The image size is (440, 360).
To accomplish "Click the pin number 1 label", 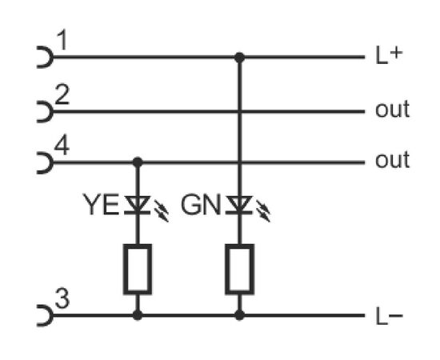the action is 62,40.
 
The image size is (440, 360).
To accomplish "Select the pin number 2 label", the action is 62,95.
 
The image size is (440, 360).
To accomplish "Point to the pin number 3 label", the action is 62,298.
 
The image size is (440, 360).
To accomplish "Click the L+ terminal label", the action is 389,56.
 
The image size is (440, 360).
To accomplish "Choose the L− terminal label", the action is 389,316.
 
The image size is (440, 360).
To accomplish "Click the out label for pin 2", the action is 392,110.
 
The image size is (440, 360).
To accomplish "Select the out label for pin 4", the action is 392,160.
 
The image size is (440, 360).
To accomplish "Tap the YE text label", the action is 101,205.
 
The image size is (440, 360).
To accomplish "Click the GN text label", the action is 201,205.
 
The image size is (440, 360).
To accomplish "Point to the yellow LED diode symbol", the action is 138,205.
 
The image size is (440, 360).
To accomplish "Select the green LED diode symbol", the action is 239,205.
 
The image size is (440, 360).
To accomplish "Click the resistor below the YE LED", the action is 138,270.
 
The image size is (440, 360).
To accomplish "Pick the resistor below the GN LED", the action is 239,270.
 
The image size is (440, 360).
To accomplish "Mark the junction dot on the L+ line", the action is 239,58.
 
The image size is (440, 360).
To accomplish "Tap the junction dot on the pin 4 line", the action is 138,162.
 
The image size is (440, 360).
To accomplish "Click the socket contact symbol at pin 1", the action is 46,58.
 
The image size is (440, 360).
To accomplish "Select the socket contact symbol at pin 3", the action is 46,315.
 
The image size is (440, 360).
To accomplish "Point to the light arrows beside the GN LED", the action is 263,211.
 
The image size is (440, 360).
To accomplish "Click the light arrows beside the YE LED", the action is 162,211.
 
